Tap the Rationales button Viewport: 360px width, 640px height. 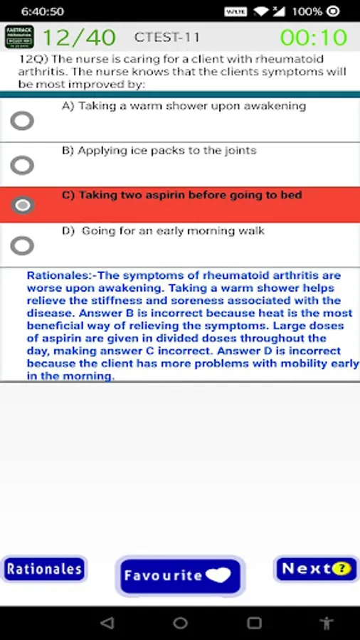pos(44,569)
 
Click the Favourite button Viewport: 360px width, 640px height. pos(180,575)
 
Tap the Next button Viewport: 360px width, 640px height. pos(317,569)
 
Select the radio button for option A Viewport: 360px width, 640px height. pos(22,120)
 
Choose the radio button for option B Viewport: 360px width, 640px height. pos(22,165)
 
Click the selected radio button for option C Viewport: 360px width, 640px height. pos(22,205)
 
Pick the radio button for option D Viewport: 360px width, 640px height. pos(22,246)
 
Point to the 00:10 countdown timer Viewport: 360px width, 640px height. pos(314,38)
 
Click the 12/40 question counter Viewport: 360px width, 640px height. pos(79,38)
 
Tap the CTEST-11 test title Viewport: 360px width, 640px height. pos(167,38)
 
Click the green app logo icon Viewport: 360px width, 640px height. pos(20,37)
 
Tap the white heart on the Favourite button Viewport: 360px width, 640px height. pos(218,575)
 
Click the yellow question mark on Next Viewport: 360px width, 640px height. pos(342,569)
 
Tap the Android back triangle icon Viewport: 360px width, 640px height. pos(107,623)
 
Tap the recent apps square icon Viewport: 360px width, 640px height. pos(254,623)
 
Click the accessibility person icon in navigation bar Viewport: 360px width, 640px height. pos(326,623)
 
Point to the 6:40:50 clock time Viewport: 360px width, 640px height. pos(43,11)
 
